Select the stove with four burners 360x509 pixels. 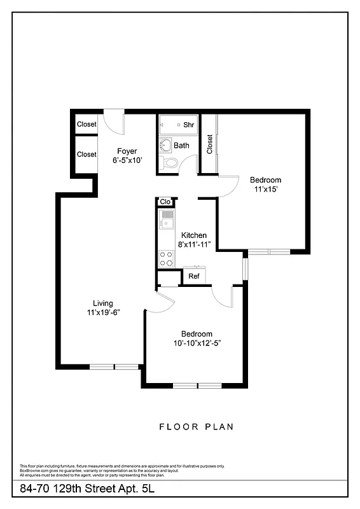[x=167, y=258]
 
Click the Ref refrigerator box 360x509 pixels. [x=194, y=276]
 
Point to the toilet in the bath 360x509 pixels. [x=170, y=163]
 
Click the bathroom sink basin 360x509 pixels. [x=165, y=143]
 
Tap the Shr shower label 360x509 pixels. [x=189, y=125]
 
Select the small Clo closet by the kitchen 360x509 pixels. [x=165, y=202]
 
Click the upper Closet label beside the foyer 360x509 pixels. [x=87, y=125]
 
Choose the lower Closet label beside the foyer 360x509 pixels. [x=87, y=154]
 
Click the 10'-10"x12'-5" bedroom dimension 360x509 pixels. [x=196, y=343]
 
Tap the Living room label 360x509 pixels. [x=103, y=303]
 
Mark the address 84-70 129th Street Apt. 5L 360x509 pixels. [x=87, y=489]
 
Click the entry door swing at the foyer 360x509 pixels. [x=115, y=122]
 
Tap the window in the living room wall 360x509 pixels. [x=114, y=366]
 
